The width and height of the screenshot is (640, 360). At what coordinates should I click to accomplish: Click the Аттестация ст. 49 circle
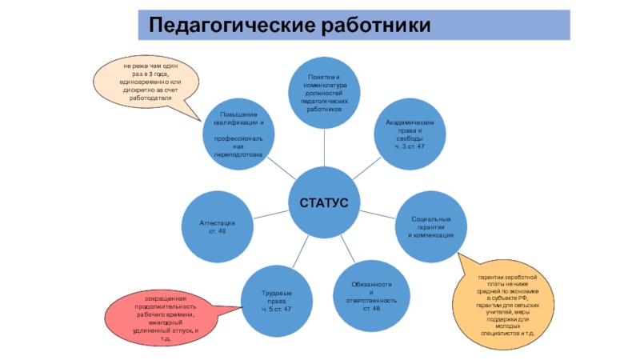click(218, 226)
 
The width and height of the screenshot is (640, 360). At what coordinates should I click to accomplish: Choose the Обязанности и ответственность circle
click(371, 297)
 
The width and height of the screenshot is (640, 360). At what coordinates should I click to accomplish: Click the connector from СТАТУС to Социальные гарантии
click(379, 214)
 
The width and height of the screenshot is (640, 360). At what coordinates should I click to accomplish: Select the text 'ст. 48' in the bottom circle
click(371, 308)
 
